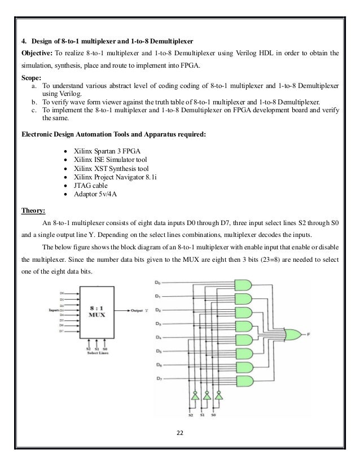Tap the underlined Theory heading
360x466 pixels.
coord(29,209)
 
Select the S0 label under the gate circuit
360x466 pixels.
coord(213,416)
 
